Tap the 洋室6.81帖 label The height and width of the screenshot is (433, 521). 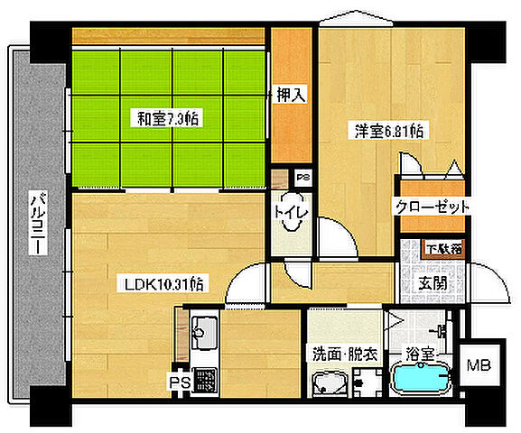point(389,131)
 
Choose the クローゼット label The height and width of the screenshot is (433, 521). point(432,207)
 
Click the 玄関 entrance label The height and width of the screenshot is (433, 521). point(432,282)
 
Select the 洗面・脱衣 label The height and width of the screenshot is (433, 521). point(340,354)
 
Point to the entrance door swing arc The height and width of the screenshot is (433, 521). point(488,287)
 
